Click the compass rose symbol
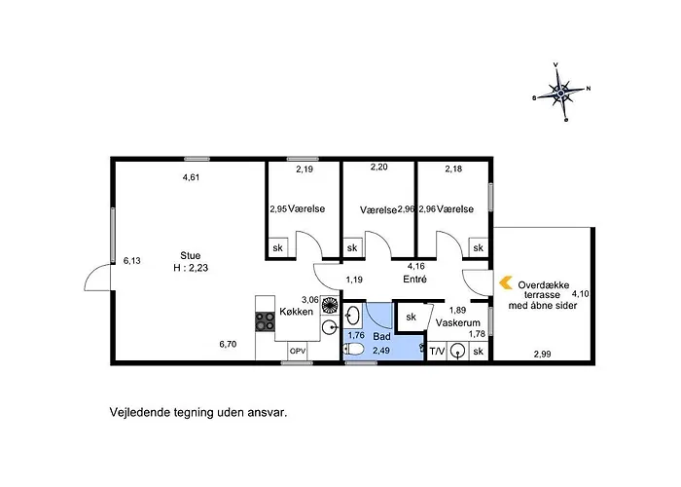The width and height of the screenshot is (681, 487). [x=561, y=93]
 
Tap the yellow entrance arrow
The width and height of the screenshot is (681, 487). [x=506, y=283]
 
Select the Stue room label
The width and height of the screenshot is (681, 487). [x=191, y=255]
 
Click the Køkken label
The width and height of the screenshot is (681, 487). [x=296, y=312]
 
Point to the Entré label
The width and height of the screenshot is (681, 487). [x=414, y=280]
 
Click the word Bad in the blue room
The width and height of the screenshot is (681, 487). [x=381, y=336]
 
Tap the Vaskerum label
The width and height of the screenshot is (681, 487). [x=458, y=323]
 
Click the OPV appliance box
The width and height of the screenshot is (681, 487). [x=298, y=351]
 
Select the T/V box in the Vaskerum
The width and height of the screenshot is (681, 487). [x=437, y=351]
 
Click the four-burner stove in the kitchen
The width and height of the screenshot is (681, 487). [x=265, y=321]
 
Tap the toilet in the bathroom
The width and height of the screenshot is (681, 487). [x=353, y=349]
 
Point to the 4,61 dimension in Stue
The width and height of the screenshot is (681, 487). [x=191, y=177]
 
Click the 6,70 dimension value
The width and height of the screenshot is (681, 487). [x=228, y=344]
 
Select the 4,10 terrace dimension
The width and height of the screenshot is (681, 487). [x=580, y=293]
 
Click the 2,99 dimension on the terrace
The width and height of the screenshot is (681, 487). [x=543, y=354]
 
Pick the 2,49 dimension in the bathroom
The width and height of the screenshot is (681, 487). [x=381, y=350]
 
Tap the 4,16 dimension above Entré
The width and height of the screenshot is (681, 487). [x=415, y=266]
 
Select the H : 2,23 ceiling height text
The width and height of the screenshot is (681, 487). [x=191, y=268]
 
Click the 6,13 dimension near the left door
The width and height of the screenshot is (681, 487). [x=132, y=260]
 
